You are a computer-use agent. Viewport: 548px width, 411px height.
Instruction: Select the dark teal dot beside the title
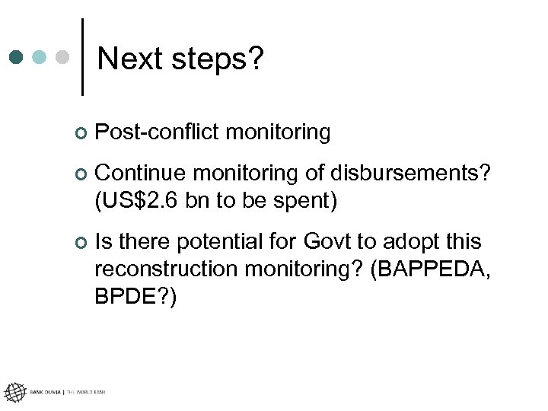tap(17, 57)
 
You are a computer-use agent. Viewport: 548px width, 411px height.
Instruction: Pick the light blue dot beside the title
tap(40, 57)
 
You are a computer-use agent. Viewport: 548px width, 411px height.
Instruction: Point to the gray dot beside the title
tap(64, 57)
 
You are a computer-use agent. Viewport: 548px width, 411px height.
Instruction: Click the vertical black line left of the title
tap(82, 56)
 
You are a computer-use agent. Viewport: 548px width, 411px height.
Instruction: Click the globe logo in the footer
tap(14, 392)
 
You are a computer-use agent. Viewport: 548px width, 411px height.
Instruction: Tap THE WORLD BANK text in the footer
tap(86, 392)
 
